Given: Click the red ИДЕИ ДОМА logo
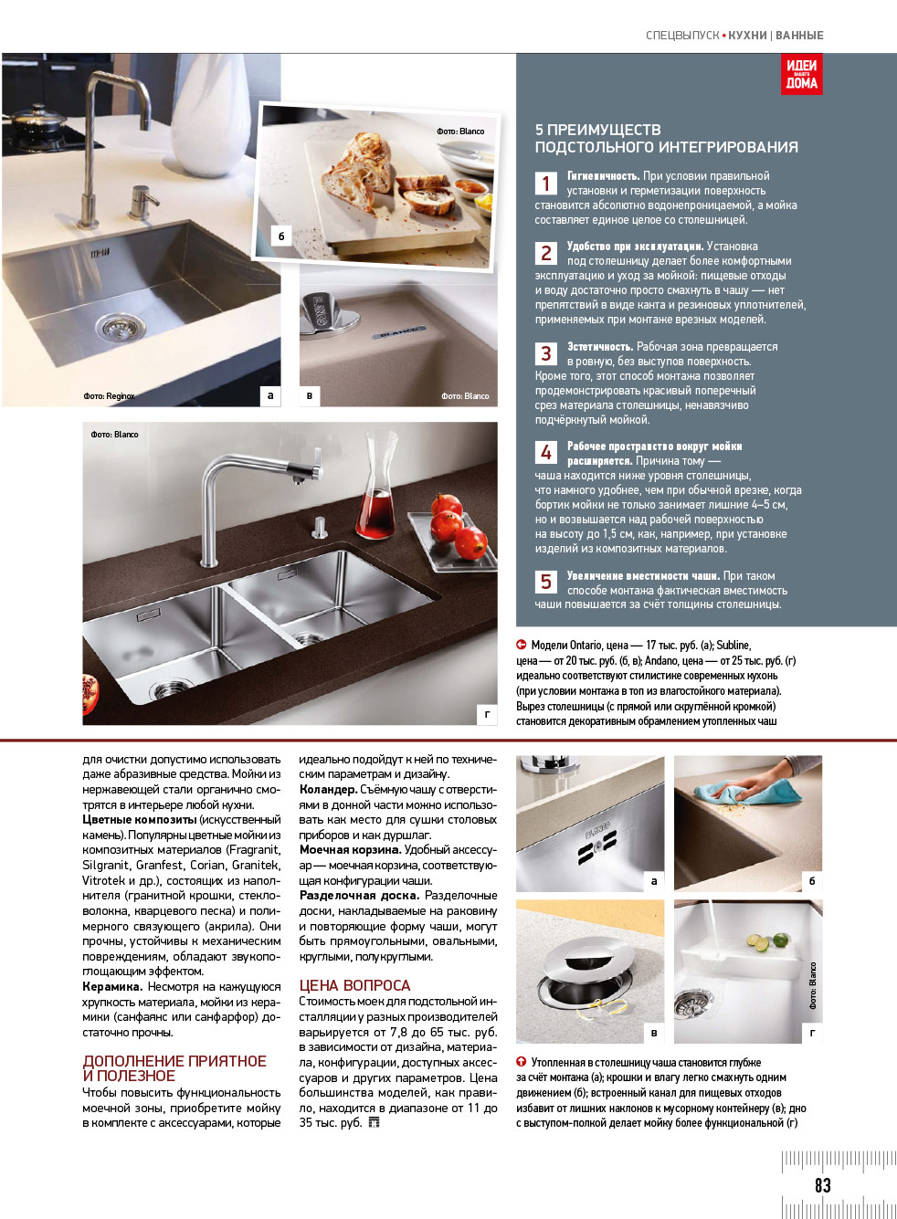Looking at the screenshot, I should click(x=801, y=74).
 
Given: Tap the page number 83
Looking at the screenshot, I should click(x=822, y=1185).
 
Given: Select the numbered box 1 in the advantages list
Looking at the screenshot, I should click(x=545, y=184).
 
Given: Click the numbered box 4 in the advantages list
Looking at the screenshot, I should click(x=545, y=453).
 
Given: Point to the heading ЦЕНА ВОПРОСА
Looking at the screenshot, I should click(x=354, y=985).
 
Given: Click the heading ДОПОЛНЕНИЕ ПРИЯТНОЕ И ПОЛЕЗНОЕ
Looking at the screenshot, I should click(x=174, y=1068).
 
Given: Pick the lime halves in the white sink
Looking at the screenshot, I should click(x=767, y=941).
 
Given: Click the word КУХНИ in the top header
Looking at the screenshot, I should click(x=747, y=36).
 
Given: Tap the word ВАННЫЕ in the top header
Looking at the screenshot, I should click(x=799, y=36).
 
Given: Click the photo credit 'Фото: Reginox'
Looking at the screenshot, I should click(x=109, y=396).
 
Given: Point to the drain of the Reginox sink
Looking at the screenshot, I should click(x=118, y=327).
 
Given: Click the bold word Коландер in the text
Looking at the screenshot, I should click(x=327, y=790).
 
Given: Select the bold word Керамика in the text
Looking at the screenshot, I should click(x=111, y=987).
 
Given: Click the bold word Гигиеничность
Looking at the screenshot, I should click(x=603, y=176).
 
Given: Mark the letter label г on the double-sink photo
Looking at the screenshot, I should click(x=487, y=715).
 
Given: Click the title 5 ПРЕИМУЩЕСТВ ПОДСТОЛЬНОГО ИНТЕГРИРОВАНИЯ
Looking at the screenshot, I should click(x=666, y=139).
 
